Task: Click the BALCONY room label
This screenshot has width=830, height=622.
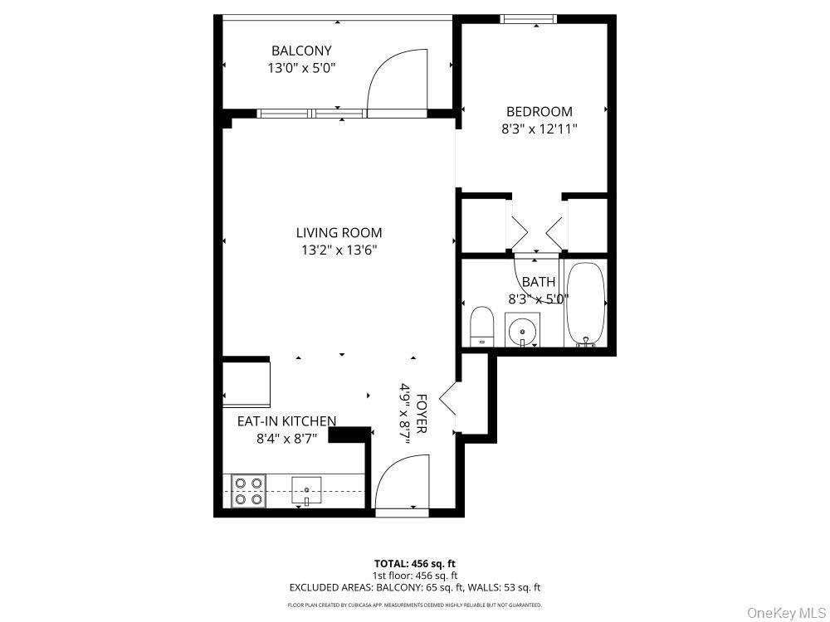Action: [x=301, y=51]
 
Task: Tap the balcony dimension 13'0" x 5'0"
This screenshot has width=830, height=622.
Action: [x=301, y=69]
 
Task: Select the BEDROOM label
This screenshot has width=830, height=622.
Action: [x=539, y=111]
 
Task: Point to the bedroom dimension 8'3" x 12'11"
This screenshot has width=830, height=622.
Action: [x=539, y=129]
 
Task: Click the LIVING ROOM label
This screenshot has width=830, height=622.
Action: [x=339, y=233]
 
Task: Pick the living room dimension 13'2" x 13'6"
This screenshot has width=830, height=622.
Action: [x=339, y=250]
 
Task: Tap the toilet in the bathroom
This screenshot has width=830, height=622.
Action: [x=482, y=327]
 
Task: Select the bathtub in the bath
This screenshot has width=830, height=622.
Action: [x=586, y=304]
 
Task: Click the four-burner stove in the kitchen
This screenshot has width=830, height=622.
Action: [x=248, y=490]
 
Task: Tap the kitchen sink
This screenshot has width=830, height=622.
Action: [x=305, y=490]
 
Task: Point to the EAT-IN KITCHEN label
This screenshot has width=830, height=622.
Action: [x=286, y=421]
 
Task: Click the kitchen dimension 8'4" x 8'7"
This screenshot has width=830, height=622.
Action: [x=286, y=439]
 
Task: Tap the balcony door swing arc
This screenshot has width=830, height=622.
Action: [x=397, y=79]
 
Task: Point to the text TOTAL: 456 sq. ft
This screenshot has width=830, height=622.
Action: [x=414, y=563]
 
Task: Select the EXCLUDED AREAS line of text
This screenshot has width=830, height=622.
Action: [x=414, y=587]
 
